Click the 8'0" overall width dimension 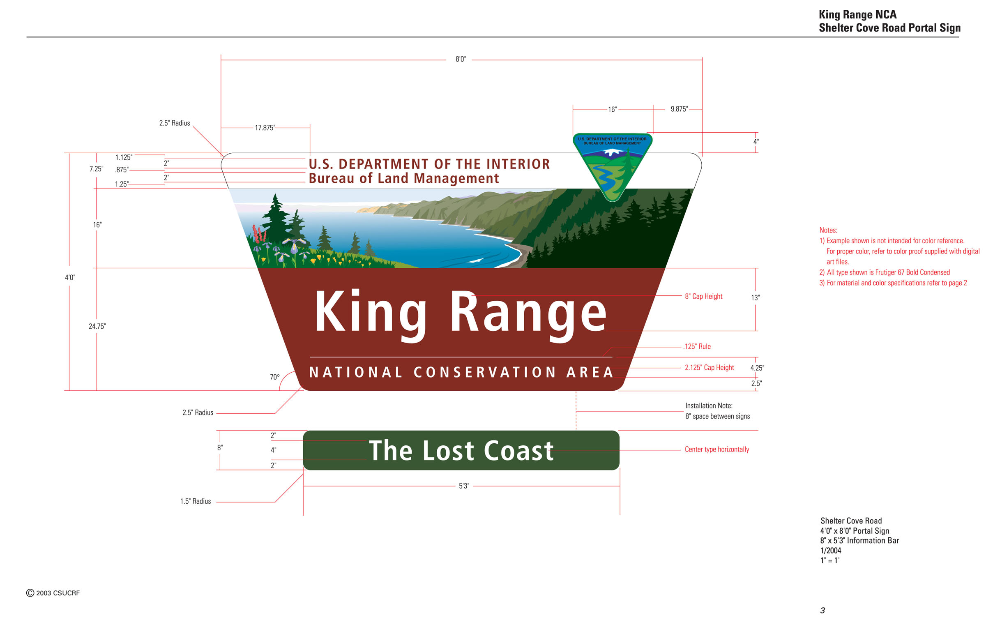461,59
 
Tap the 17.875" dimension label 265,128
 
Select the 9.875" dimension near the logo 679,109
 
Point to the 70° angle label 275,377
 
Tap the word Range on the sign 528,316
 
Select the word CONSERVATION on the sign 485,372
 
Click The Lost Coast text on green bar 461,450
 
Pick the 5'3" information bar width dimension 464,486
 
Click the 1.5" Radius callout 196,501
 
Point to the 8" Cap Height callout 703,296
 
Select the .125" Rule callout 697,346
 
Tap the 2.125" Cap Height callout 709,367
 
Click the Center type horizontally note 717,449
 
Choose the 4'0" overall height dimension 70,277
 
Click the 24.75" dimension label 97,326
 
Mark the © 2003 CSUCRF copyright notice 53,593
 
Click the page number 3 822,611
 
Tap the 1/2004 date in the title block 831,551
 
